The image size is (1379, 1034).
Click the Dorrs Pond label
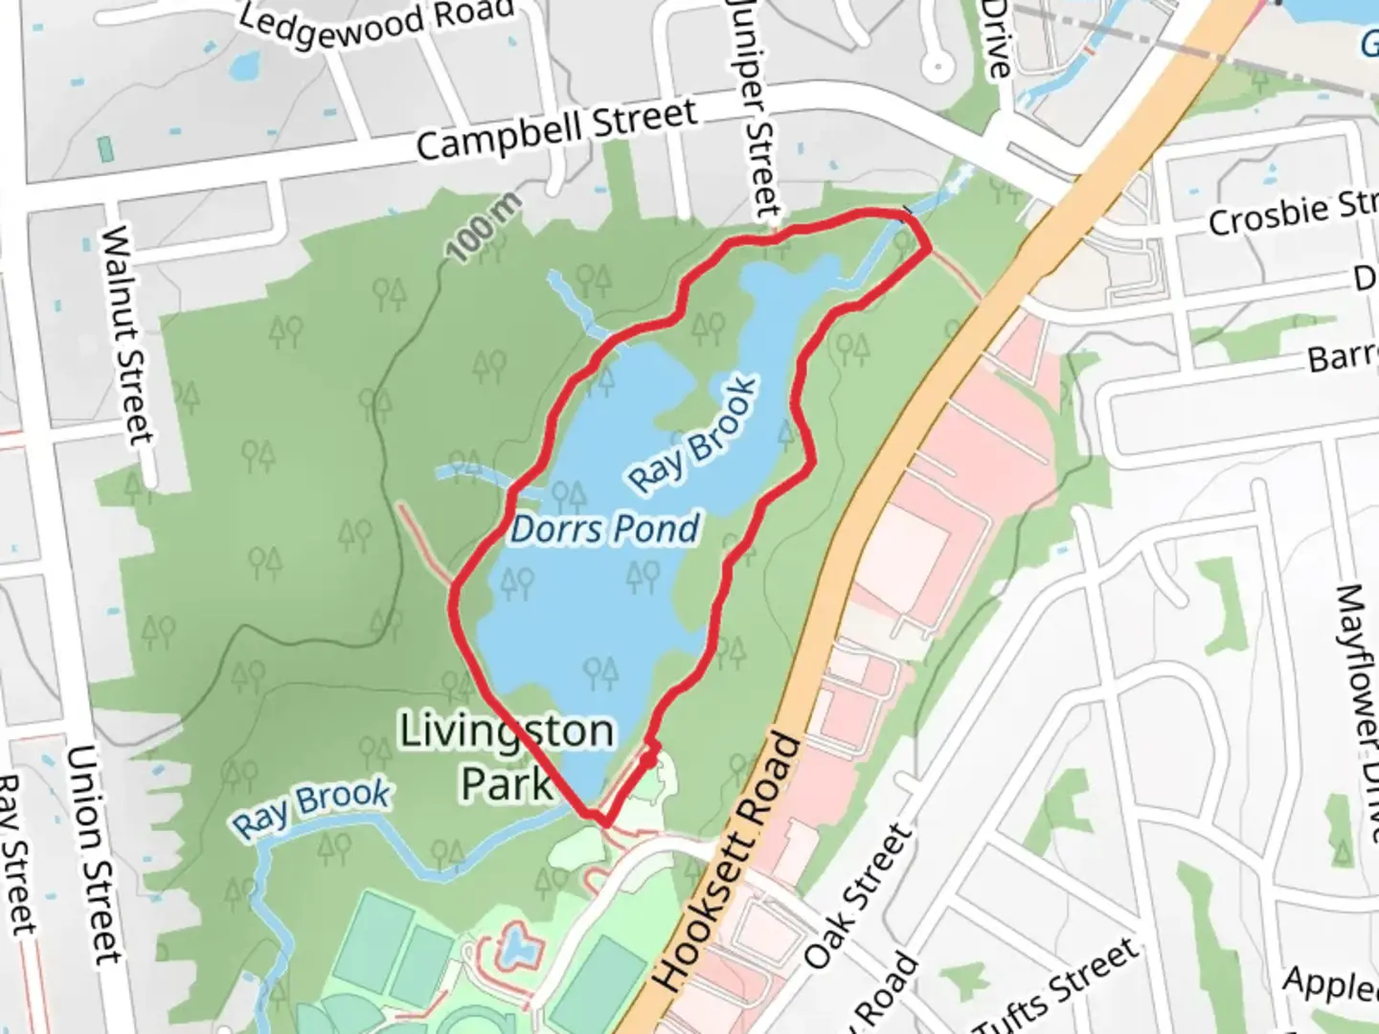tap(604, 529)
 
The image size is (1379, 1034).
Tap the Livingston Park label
tap(507, 756)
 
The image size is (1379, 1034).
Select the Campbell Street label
tap(556, 130)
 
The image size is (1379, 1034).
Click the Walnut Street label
tap(128, 334)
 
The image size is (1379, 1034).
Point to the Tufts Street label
tap(1057, 986)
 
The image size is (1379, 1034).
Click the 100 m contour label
tap(485, 228)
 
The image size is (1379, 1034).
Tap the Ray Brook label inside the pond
tap(692, 436)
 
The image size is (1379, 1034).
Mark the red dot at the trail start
tap(648, 761)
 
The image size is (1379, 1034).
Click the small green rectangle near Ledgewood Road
tap(105, 149)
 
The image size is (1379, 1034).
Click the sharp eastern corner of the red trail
tap(929, 249)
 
